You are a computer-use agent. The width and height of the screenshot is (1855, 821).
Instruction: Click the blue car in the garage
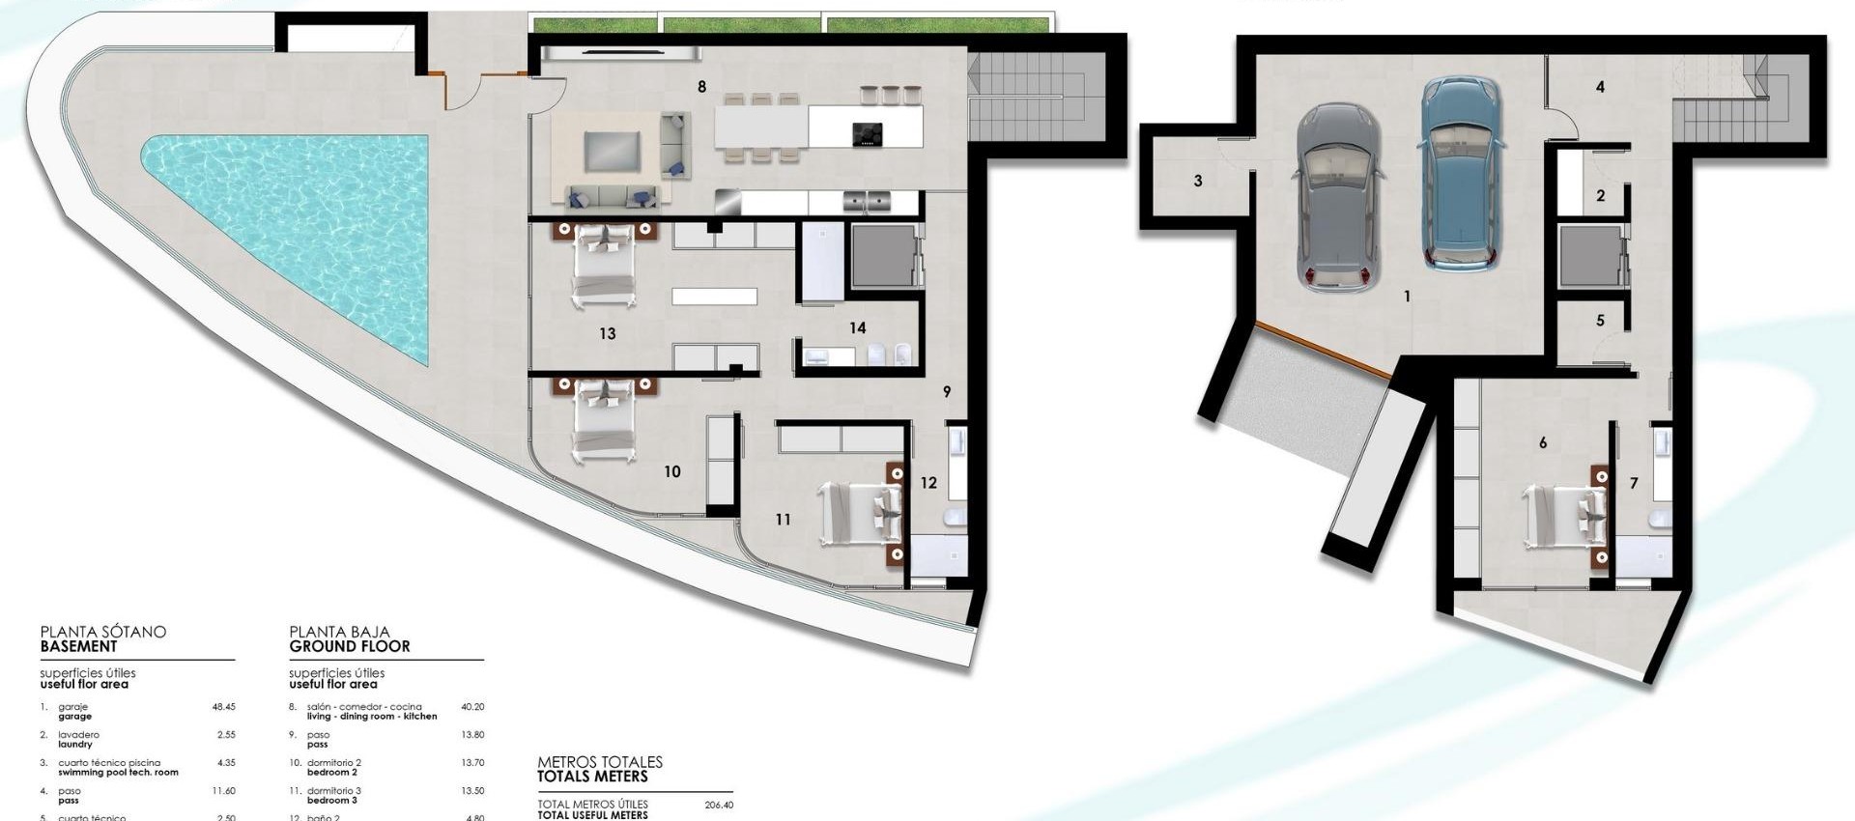1460,174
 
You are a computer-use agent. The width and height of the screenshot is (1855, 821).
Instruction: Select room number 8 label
701,87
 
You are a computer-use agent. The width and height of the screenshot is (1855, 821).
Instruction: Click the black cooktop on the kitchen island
867,134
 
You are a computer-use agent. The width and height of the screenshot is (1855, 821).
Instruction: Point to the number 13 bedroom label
607,334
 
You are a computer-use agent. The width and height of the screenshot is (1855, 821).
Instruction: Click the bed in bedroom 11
860,512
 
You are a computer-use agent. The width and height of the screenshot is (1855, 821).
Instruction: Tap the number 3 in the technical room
1198,182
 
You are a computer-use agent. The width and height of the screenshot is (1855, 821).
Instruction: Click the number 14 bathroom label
857,328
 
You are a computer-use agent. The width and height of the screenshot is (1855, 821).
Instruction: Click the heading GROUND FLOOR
350,646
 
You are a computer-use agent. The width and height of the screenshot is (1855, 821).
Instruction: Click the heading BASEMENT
78,646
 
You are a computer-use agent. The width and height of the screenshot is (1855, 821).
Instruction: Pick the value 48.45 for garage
223,707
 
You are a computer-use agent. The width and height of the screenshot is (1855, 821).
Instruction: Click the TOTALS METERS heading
592,777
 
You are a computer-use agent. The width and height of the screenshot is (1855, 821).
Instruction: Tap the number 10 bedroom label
671,472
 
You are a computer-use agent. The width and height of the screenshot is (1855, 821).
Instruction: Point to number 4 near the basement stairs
1600,87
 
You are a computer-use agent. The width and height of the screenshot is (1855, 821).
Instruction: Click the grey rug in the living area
612,152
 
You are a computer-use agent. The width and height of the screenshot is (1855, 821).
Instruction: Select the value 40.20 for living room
472,707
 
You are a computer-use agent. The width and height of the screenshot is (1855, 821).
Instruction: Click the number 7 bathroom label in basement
1634,483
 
